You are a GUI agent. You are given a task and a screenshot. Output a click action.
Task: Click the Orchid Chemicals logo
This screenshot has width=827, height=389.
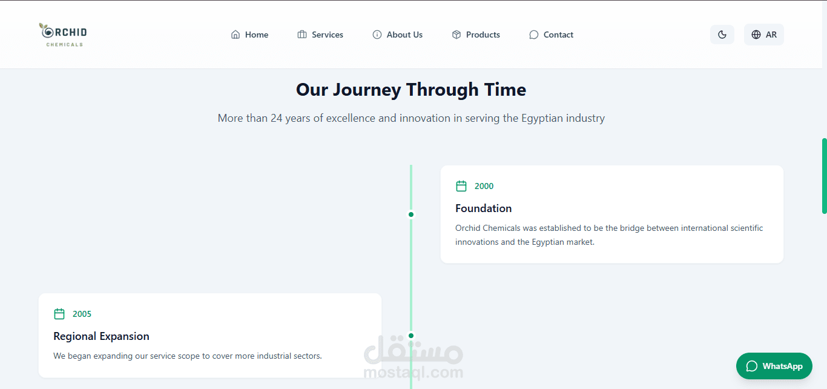coord(63,35)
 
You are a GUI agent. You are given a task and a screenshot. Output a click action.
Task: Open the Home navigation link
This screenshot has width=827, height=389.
coord(249,35)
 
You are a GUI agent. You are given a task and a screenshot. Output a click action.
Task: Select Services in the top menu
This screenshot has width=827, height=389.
coord(320,35)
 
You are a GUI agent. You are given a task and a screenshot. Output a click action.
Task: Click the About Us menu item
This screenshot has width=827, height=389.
coord(397,35)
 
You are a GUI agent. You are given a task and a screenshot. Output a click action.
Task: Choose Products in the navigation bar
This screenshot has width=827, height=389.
coord(476,35)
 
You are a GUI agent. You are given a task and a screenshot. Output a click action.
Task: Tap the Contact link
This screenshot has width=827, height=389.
coord(551,35)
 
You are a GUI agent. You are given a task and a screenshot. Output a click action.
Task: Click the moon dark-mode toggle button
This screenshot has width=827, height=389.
coord(722,35)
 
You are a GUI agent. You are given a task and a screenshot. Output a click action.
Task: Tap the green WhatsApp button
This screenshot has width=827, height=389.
coord(774,366)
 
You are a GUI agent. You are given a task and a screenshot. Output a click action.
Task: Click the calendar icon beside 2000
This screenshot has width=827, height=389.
coord(461,186)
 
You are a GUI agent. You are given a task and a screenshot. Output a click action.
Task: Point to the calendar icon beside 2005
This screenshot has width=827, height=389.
coord(59,314)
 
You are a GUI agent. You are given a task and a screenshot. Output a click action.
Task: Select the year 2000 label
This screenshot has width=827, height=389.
coord(484,186)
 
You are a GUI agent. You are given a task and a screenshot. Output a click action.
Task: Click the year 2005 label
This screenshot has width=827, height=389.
coord(82,314)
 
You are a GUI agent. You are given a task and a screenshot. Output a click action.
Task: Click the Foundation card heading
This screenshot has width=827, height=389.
coord(483,208)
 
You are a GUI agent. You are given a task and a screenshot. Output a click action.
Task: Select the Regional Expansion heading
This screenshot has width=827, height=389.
coord(101,336)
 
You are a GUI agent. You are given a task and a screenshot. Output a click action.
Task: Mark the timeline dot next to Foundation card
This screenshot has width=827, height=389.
coord(411,214)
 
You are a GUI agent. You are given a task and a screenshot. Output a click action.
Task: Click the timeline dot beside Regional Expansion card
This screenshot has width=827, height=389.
coord(411,336)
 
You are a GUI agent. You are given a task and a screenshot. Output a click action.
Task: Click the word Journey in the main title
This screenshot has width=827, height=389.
coord(367,90)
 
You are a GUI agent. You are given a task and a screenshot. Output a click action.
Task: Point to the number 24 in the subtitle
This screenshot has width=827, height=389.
coord(277,118)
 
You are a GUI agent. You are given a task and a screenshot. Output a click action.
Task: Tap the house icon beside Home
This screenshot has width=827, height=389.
coord(235,35)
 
